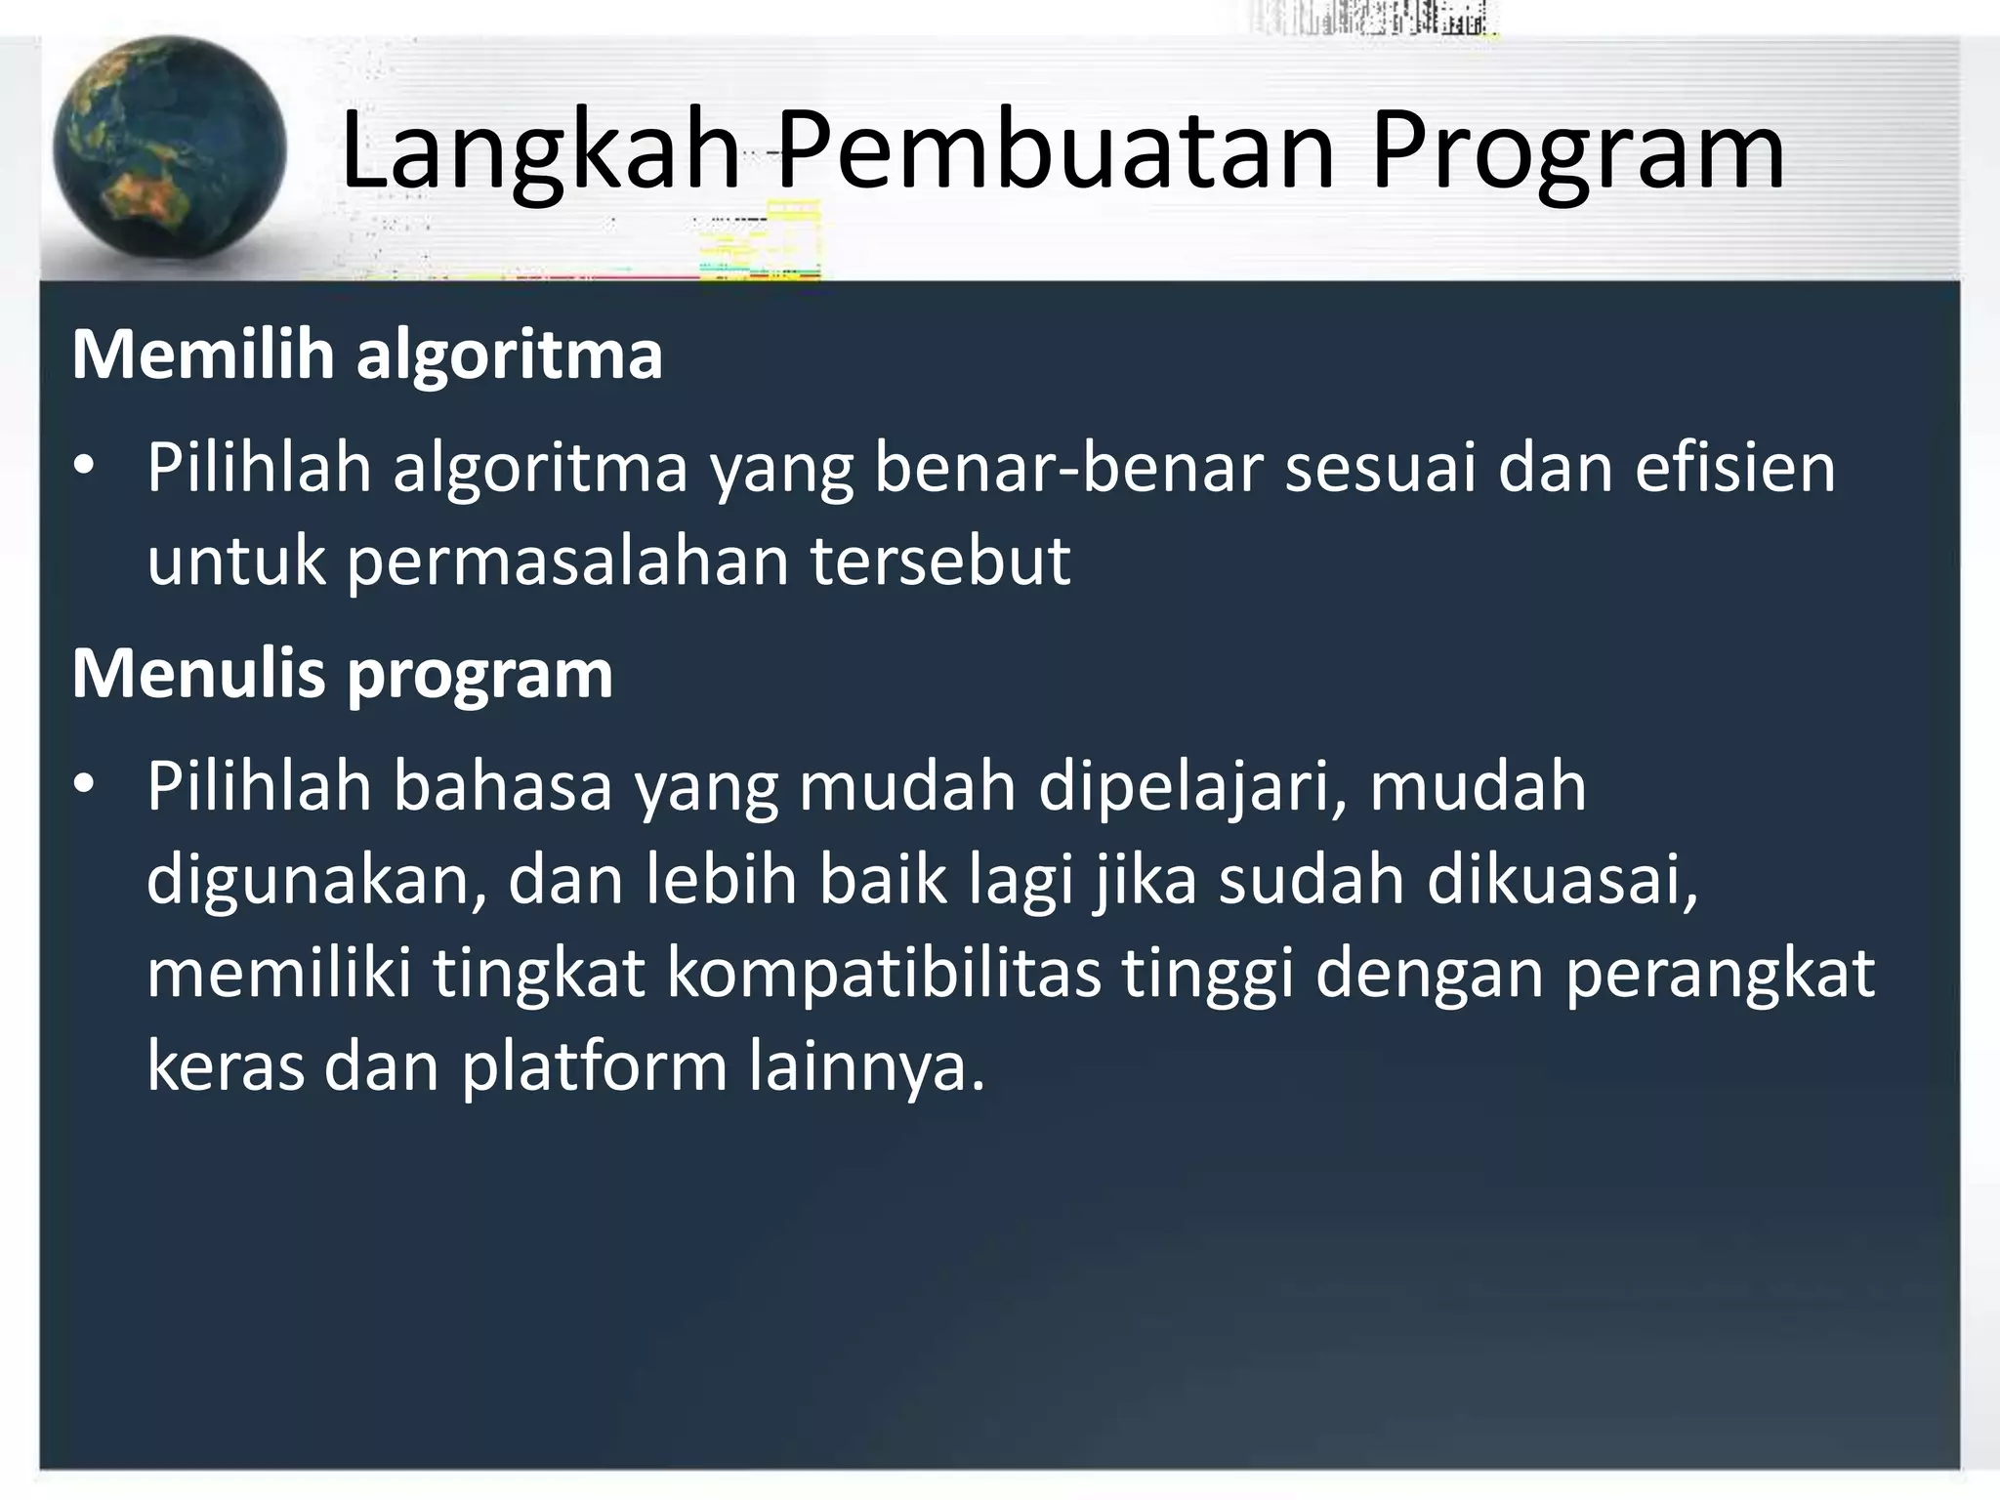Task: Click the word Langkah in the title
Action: pyautogui.click(x=540, y=153)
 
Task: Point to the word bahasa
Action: pyautogui.click(x=502, y=786)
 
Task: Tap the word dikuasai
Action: pyautogui.click(x=1562, y=879)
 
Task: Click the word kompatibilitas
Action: pyautogui.click(x=884, y=975)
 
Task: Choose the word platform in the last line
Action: pyautogui.click(x=594, y=1066)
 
